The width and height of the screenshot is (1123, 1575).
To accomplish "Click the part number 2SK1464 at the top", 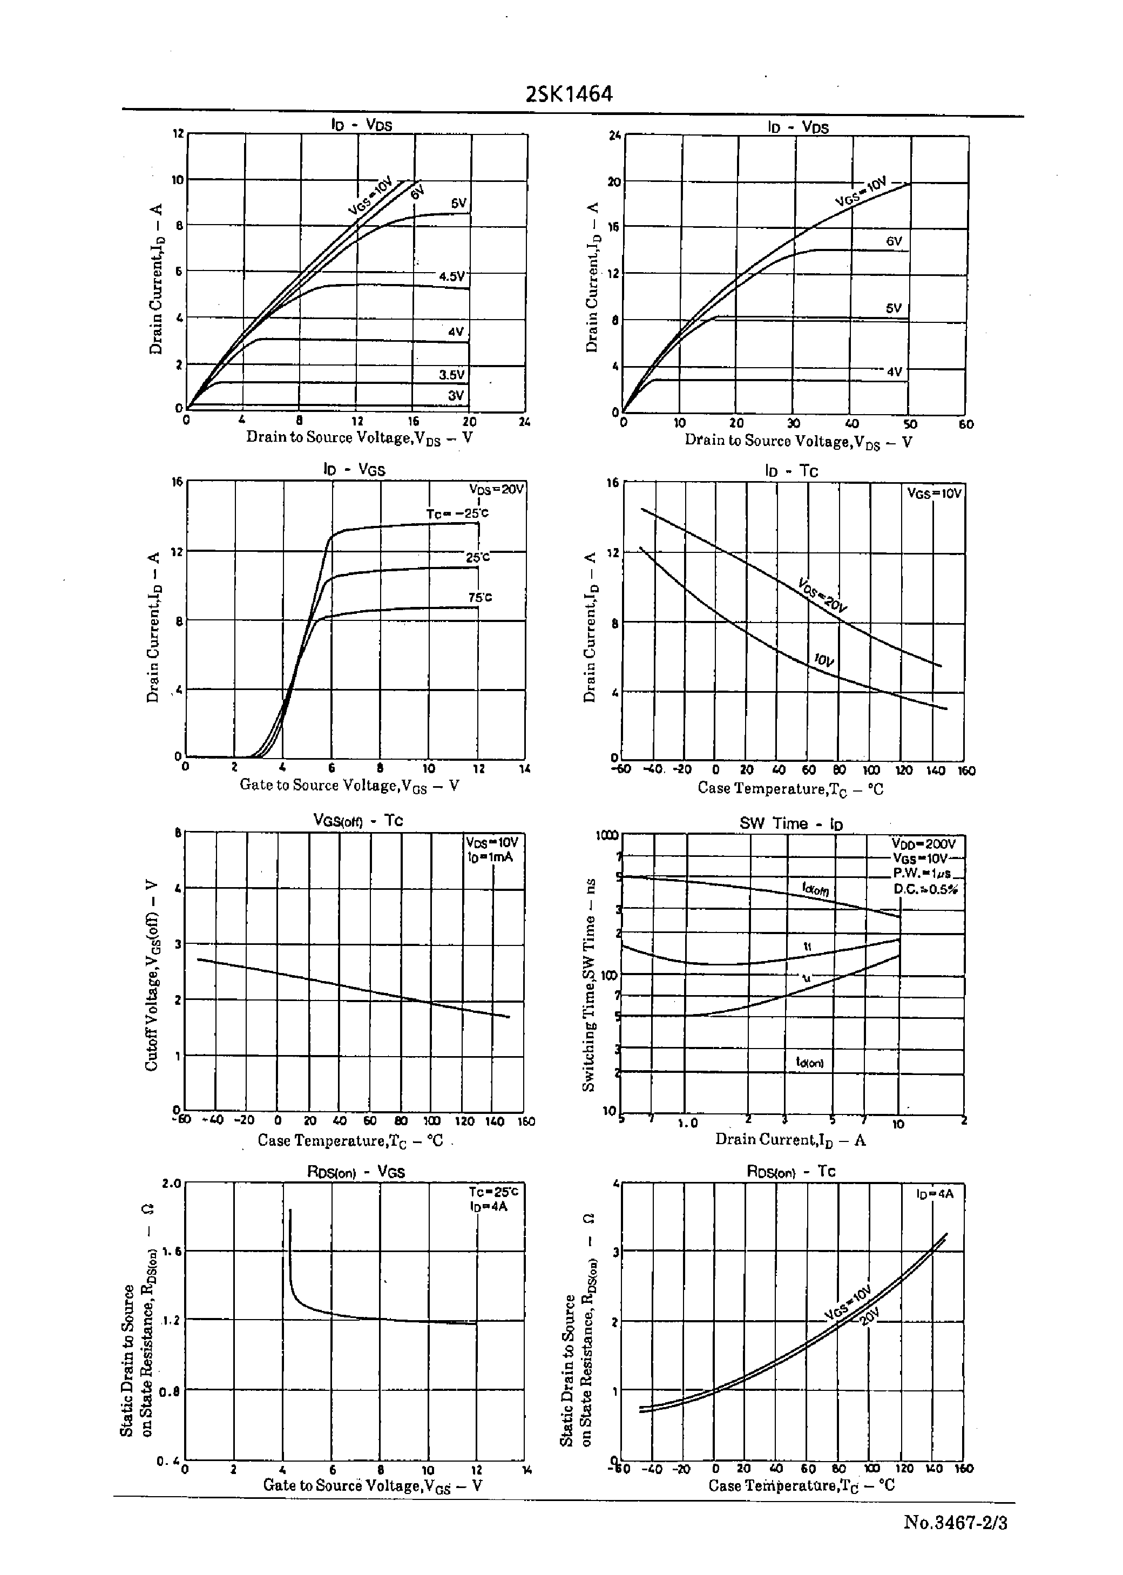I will click(x=569, y=94).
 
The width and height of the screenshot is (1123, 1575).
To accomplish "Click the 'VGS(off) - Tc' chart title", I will click(x=357, y=821).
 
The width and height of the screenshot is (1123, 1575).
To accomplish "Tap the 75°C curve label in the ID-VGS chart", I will click(x=480, y=597).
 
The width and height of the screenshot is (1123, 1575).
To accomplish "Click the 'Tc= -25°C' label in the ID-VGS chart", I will click(x=457, y=513).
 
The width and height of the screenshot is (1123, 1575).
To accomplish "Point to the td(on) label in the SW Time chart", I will click(x=810, y=1063).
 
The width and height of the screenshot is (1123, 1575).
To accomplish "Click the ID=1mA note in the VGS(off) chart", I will click(x=490, y=857).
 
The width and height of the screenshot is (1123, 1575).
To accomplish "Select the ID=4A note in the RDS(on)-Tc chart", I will click(x=935, y=1194).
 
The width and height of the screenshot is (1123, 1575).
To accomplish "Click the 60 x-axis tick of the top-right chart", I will click(x=966, y=424).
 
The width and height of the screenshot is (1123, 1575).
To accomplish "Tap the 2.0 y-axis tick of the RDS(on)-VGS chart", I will click(x=171, y=1184).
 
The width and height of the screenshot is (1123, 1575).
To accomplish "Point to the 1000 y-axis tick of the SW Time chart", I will click(x=606, y=836).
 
